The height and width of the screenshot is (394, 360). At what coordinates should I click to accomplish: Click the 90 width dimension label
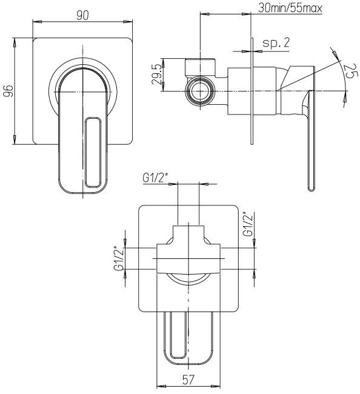coord(82,16)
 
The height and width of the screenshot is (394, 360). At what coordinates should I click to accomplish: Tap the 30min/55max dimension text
coord(290,8)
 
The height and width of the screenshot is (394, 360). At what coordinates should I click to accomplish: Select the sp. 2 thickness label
coord(276,43)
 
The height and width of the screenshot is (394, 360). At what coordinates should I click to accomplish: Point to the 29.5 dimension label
coord(156,75)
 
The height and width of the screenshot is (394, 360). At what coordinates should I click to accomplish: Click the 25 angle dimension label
coord(349,71)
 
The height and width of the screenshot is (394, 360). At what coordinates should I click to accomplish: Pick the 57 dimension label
coord(188,379)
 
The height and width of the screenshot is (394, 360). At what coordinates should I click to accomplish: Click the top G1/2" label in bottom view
coord(155,178)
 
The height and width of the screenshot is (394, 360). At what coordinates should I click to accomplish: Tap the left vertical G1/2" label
coord(119,259)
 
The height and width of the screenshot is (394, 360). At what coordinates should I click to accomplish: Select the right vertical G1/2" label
coord(248,224)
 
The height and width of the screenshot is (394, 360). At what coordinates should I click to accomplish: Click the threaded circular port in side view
coord(200,91)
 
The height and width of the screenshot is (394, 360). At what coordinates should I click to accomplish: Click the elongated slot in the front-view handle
coord(93,153)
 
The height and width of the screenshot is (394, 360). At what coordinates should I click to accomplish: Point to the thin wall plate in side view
coord(252,91)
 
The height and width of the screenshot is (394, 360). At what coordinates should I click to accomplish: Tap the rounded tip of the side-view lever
coord(312,188)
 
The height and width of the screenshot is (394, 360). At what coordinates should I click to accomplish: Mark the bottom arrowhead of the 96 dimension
coord(15,140)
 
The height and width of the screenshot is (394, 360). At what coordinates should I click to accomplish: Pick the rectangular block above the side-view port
coord(200,67)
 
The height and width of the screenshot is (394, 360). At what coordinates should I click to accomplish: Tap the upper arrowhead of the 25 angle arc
coord(335,52)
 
